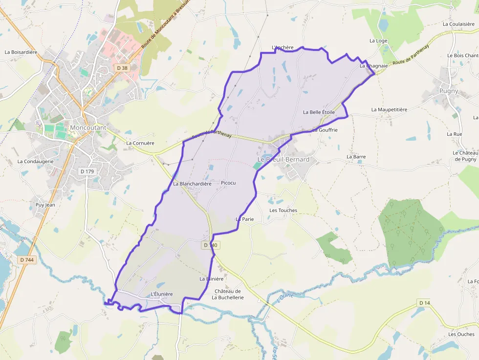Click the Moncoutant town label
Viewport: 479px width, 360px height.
(x=88, y=127)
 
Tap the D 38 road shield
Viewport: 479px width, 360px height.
(x=122, y=68)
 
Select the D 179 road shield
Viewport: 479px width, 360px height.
(x=87, y=171)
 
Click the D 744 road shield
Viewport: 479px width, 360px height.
(x=27, y=260)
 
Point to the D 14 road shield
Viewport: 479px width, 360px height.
(x=424, y=303)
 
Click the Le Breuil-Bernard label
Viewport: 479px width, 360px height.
(x=283, y=160)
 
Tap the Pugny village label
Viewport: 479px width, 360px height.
(x=449, y=91)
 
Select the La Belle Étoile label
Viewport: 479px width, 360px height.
(x=319, y=112)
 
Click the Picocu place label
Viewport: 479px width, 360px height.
(x=228, y=183)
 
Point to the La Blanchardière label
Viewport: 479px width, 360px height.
(x=192, y=184)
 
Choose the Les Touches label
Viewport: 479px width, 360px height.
(x=283, y=211)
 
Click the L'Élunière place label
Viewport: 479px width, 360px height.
(x=162, y=294)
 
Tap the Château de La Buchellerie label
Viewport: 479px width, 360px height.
(x=227, y=294)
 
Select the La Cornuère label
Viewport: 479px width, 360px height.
(x=140, y=143)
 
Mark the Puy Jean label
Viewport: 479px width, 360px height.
(x=45, y=205)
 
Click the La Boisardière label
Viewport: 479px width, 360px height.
(x=21, y=52)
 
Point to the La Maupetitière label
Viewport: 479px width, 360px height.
(x=389, y=109)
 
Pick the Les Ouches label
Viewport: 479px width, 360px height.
(x=461, y=335)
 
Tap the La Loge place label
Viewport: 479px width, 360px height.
(x=378, y=41)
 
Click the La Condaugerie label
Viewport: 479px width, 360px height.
(x=35, y=161)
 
